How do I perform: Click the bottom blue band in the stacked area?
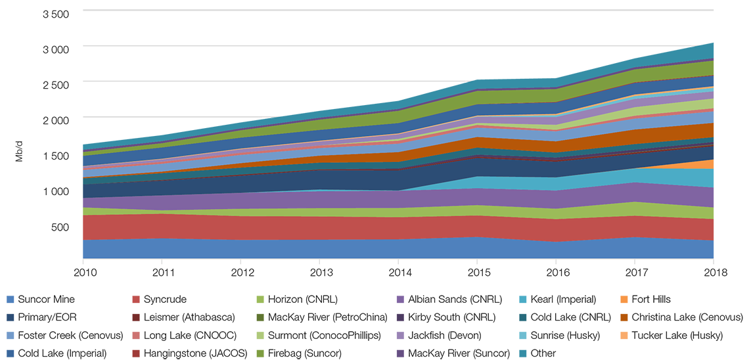pos(394,248)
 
